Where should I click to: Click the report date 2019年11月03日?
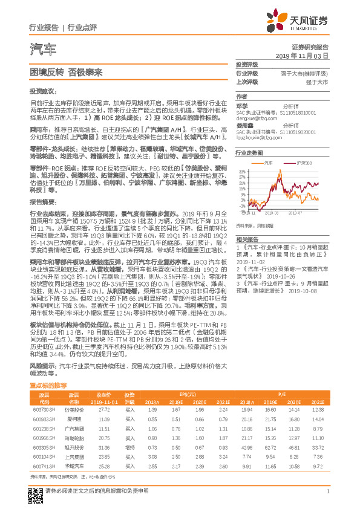306,55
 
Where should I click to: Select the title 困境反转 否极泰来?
59,71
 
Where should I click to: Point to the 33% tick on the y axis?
241,172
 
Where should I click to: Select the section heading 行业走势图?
249,154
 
